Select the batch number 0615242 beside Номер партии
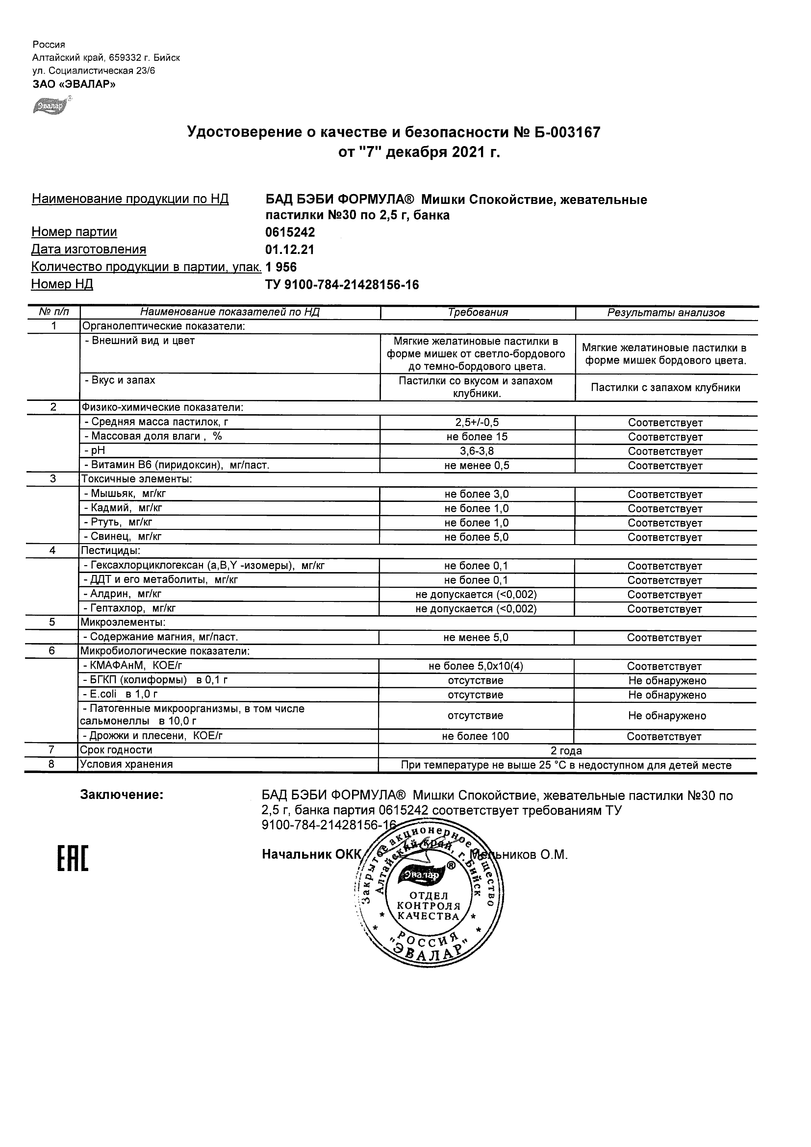[290, 232]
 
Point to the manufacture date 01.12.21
[290, 250]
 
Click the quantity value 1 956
[281, 267]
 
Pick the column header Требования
[478, 313]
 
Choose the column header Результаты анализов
[665, 313]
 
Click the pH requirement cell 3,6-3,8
[477, 451]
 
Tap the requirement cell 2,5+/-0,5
[477, 423]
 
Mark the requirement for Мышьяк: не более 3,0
[477, 495]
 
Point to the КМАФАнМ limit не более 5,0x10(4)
[476, 667]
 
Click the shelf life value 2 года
[566, 751]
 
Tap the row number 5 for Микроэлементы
[52, 623]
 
